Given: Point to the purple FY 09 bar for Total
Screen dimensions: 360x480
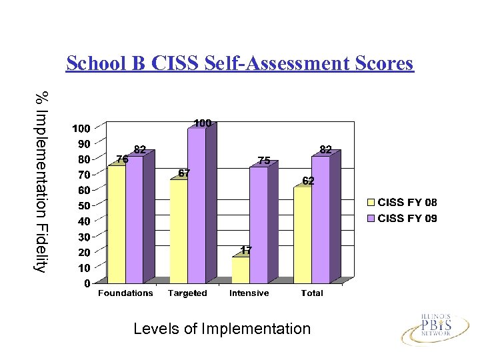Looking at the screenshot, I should click(321, 219).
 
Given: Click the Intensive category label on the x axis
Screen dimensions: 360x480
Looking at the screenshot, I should click(249, 293).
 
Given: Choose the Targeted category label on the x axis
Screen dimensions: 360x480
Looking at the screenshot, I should click(187, 293).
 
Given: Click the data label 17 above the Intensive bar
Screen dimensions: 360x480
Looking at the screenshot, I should click(246, 251).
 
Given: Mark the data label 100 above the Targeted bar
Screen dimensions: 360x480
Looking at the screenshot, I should click(203, 123).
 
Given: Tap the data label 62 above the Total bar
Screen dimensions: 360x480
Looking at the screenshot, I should click(308, 181).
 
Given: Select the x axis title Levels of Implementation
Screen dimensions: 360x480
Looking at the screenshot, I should click(222, 329).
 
